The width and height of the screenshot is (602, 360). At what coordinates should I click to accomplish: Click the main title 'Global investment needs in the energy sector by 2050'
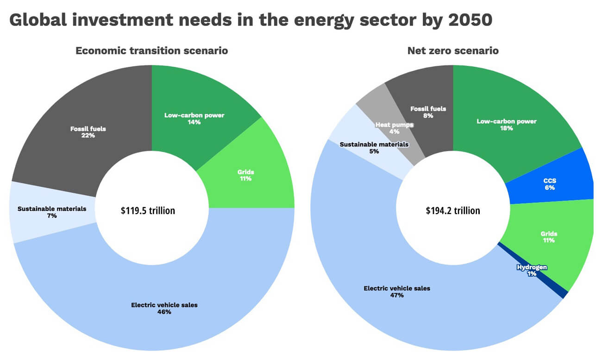click(250, 20)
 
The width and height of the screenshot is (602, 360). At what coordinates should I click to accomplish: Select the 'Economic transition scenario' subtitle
click(151, 51)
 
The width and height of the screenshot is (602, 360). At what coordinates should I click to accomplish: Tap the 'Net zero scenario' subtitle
click(452, 51)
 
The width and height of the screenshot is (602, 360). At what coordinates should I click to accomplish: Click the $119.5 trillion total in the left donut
click(148, 211)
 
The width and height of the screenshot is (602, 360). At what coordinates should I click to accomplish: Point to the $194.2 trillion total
click(452, 211)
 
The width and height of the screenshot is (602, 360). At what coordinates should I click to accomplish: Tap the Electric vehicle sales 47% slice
click(397, 291)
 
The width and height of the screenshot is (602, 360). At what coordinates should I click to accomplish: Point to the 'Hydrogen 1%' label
click(532, 270)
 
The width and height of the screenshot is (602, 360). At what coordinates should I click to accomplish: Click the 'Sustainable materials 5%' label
click(374, 147)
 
